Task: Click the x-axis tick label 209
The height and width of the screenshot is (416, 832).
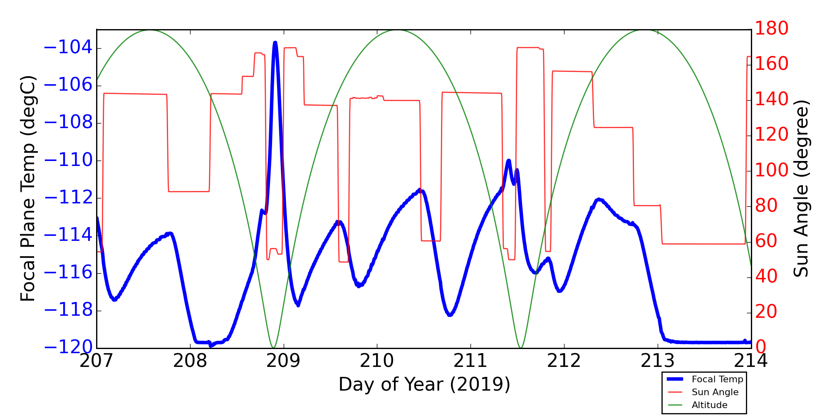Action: pos(284,361)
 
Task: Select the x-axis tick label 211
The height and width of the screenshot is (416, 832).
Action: pos(470,361)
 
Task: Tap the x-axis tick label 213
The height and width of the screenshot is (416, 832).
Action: pos(658,361)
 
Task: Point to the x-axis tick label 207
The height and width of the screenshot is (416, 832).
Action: pos(97,361)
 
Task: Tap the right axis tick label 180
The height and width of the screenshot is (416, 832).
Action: pos(772,29)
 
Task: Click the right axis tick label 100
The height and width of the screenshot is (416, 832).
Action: pos(772,171)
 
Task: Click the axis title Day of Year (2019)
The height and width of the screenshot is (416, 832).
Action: pos(424,384)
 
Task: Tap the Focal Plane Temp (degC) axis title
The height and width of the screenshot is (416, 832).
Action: pos(28,188)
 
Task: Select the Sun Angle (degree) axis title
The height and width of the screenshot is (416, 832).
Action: pos(801,188)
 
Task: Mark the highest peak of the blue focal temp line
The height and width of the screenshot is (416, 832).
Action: pos(275,42)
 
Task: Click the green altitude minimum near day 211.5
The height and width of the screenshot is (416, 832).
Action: pos(520,347)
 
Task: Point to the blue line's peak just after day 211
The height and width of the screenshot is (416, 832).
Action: pos(508,161)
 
